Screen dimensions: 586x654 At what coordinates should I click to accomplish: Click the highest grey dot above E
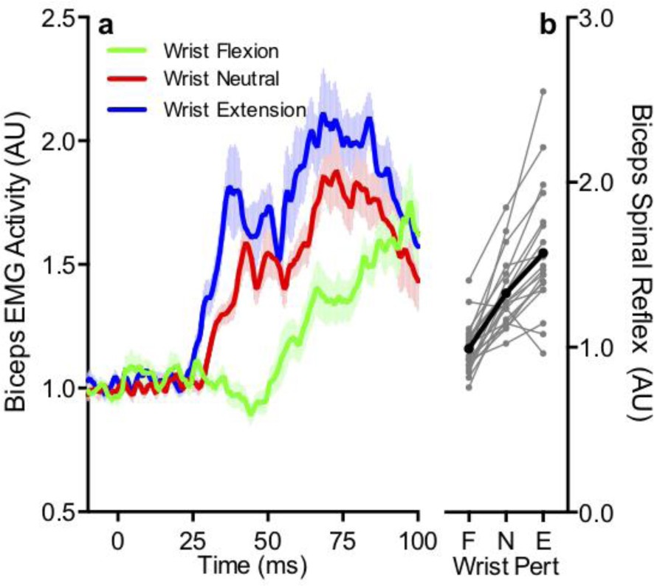[543, 92]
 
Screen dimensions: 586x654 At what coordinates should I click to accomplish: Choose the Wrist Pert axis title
[506, 567]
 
